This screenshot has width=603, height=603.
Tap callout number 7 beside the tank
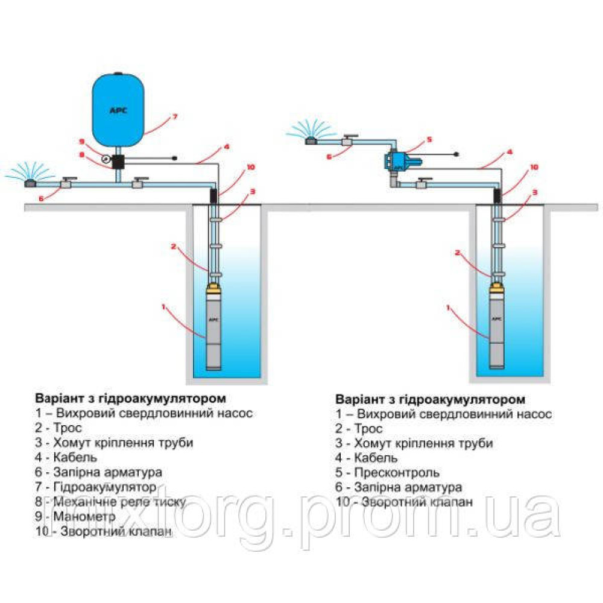pos(174,116)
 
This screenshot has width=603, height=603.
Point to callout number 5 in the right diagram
pos(429,140)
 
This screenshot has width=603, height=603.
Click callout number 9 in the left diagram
pos(83,142)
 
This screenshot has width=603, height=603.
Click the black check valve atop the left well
pos(213,195)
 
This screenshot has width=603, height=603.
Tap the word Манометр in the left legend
pos(71,517)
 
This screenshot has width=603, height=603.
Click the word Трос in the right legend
pos(368,429)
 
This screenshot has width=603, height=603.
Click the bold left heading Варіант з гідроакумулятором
pos(131,399)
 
